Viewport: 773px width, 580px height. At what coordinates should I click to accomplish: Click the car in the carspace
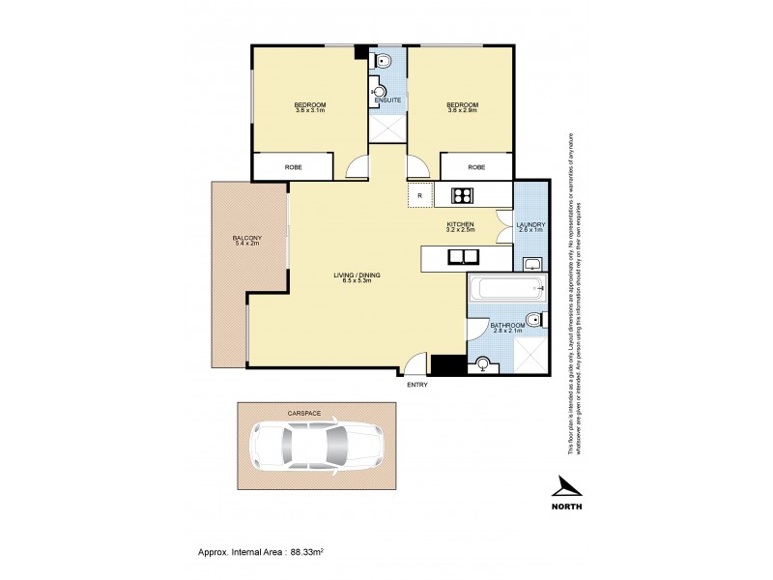(x=314, y=447)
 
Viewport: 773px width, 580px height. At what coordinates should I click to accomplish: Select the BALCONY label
(x=247, y=238)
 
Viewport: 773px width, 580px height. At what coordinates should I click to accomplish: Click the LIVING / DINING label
(x=357, y=275)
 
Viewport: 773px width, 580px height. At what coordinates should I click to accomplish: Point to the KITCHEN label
(x=460, y=224)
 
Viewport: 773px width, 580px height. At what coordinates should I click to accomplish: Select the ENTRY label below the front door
(x=417, y=385)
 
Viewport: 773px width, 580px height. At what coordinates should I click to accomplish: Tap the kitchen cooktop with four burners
(x=461, y=195)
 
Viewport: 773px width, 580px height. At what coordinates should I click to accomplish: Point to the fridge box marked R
(x=420, y=195)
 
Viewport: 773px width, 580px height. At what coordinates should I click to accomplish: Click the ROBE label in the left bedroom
(x=293, y=167)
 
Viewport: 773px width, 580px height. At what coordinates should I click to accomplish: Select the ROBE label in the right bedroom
(x=476, y=167)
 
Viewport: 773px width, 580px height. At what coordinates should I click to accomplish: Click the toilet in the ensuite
(x=384, y=62)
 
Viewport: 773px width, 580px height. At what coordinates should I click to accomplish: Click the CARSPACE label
(x=301, y=413)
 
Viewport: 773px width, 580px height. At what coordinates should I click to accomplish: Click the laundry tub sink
(x=530, y=263)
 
